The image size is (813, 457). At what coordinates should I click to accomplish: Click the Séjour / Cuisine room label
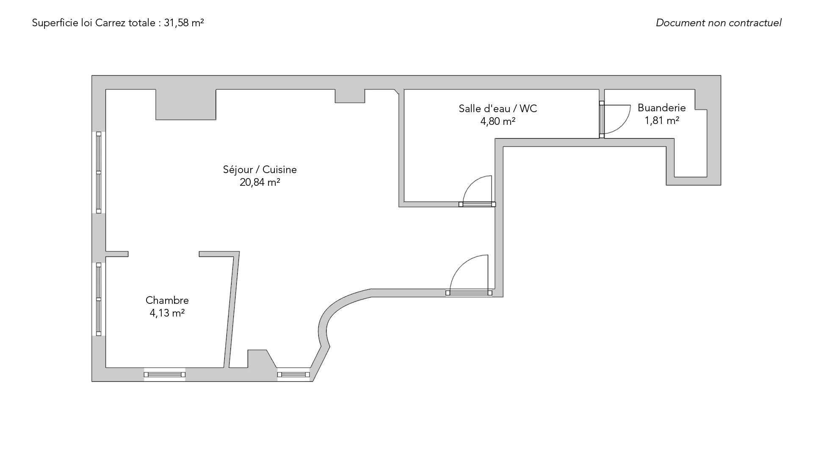coord(260,170)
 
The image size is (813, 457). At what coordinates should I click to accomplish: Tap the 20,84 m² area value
coord(260,182)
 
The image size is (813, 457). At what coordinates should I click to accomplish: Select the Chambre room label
coord(167,300)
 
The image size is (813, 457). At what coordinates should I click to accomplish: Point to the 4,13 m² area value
coord(167,313)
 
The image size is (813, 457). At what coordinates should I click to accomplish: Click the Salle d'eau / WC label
coord(498,109)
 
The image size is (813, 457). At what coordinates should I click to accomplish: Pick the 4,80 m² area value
coord(498,121)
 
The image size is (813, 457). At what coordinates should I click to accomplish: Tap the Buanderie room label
coord(661,108)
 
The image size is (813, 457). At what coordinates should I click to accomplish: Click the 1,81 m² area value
coord(661,121)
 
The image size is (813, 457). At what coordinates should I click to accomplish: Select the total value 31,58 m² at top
coord(184,23)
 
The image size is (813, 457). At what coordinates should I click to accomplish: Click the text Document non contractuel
coord(719,23)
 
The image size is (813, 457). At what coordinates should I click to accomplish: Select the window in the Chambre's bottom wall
coord(164,374)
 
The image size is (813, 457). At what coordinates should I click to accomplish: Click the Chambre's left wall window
coord(99,299)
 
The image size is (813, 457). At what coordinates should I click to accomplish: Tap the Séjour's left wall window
coord(99,172)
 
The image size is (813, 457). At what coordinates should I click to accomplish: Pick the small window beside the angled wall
coord(293,374)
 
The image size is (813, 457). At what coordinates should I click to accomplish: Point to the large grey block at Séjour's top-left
coord(186,105)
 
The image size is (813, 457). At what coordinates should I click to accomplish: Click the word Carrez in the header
coord(109,23)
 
